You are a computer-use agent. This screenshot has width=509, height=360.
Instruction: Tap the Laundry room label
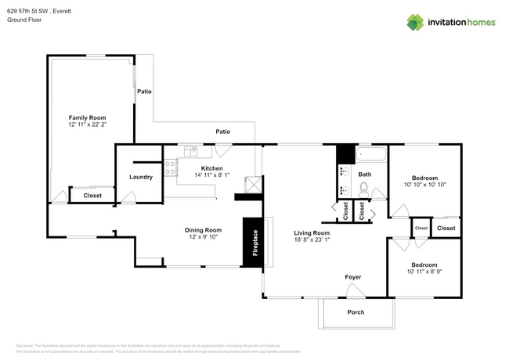click(x=141, y=177)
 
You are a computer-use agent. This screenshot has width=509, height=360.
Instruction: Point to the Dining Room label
click(x=203, y=229)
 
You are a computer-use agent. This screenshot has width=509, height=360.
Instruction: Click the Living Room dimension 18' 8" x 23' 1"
click(x=312, y=241)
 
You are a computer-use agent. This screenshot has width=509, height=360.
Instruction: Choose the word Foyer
click(x=353, y=277)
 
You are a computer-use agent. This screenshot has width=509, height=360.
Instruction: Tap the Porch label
click(x=355, y=311)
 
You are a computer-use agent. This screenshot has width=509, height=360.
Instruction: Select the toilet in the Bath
click(x=363, y=189)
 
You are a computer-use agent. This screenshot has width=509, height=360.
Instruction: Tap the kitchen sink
click(x=191, y=151)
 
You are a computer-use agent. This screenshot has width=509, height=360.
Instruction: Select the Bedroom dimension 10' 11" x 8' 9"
click(x=425, y=272)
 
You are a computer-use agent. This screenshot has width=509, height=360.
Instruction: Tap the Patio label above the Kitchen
click(x=223, y=131)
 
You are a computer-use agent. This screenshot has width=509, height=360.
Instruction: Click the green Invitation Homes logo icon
click(x=415, y=22)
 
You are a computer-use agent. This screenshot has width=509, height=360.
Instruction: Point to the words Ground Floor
click(x=24, y=20)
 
